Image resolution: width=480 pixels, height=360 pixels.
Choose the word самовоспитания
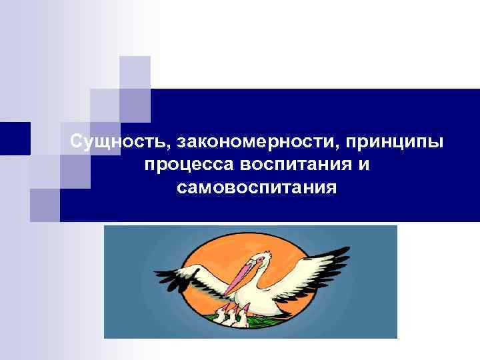click(257, 187)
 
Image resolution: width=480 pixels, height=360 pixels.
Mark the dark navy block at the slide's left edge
click(15, 139)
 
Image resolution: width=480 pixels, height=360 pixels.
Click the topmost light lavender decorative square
click(135, 71)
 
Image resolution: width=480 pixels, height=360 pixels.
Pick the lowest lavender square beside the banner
click(45, 204)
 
